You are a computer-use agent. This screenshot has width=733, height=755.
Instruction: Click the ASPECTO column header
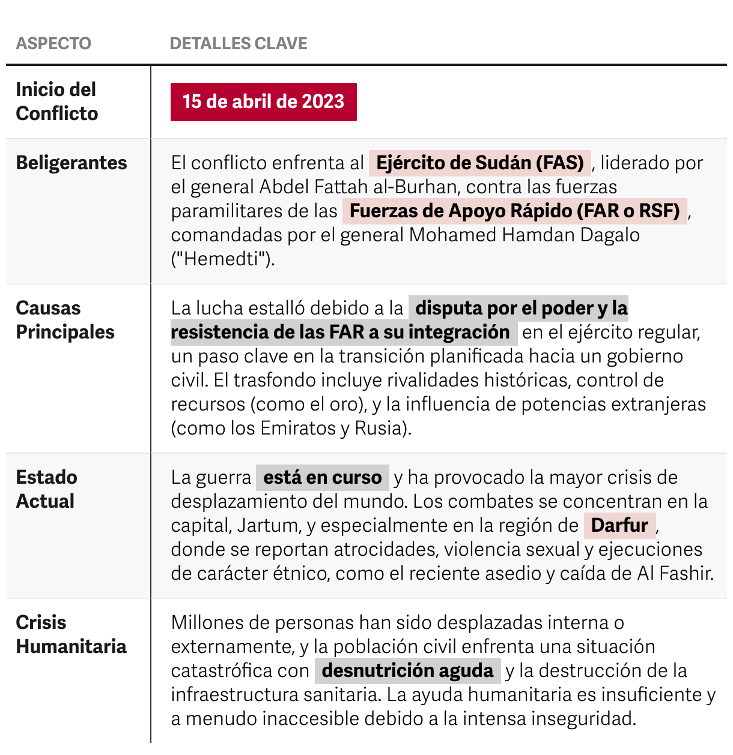(53, 43)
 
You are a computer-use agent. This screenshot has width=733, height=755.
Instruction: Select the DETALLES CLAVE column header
(239, 43)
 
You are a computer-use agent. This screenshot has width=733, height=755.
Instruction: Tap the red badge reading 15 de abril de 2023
(263, 101)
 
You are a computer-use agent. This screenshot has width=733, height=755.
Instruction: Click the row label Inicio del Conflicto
(56, 101)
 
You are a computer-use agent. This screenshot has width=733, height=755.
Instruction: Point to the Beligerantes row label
(71, 163)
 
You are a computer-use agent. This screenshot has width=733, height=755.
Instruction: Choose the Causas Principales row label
(65, 320)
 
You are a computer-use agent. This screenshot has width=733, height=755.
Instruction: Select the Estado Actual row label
(46, 489)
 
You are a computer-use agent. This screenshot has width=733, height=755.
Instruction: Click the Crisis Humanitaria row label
(71, 634)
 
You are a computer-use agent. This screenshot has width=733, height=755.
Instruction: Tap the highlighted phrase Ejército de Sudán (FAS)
(479, 163)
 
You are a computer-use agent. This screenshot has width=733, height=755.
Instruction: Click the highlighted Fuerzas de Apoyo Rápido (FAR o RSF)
(514, 211)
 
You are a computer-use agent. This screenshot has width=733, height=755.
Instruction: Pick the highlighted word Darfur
(619, 525)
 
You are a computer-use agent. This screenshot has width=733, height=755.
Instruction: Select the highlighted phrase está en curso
(323, 477)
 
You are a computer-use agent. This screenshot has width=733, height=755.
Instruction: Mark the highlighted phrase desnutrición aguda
(407, 670)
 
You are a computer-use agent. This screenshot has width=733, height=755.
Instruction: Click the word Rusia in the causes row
(378, 428)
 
